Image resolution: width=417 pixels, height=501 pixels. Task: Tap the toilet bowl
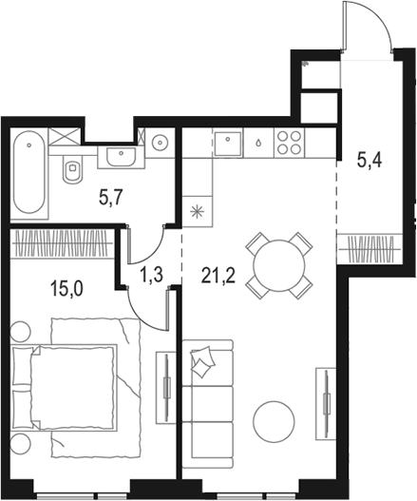(70, 171)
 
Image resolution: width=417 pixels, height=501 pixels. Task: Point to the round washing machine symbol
(160, 143)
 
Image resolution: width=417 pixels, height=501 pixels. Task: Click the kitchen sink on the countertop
(229, 143)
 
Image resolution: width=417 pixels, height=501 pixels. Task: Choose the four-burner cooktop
(289, 143)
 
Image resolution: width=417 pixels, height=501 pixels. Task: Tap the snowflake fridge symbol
(197, 210)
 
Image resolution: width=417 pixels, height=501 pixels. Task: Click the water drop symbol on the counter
(257, 144)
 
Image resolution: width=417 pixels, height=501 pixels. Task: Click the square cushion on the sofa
(203, 362)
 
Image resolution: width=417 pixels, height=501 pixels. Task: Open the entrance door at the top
(365, 29)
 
